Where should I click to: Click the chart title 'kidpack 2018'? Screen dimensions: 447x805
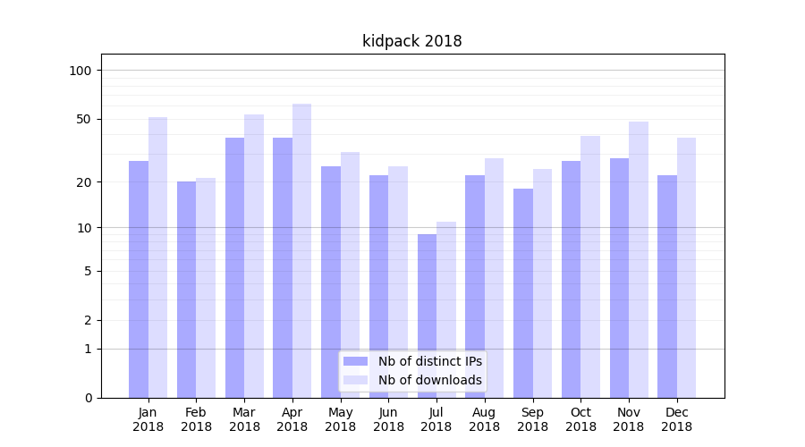click(411, 41)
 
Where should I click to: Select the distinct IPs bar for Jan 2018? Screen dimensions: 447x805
click(139, 279)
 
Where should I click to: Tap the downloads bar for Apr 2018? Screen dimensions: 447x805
click(301, 250)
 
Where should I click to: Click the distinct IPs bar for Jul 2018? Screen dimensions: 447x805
click(427, 316)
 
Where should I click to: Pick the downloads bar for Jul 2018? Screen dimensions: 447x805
click(446, 309)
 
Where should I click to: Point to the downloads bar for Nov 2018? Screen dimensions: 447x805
click(639, 259)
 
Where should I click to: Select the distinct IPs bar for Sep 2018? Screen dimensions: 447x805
click(523, 293)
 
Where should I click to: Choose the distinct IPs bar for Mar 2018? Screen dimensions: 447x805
click(234, 267)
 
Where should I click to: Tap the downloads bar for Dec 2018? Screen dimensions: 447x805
click(686, 267)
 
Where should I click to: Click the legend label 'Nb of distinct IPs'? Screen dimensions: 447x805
click(429, 361)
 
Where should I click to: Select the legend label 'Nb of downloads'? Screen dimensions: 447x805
click(429, 380)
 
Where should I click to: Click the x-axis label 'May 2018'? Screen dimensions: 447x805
click(340, 419)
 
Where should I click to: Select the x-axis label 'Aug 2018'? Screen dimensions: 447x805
click(484, 419)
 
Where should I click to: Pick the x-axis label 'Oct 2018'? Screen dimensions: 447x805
click(580, 419)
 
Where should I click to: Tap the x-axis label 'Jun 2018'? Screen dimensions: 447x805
click(388, 419)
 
